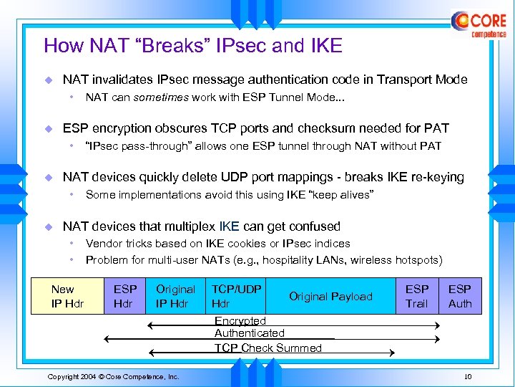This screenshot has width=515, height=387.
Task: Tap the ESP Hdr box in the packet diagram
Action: click(x=125, y=296)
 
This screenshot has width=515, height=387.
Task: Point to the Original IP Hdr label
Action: click(x=175, y=296)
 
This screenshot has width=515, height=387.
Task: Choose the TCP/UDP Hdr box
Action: click(x=236, y=296)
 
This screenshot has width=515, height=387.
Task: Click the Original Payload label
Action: click(x=330, y=296)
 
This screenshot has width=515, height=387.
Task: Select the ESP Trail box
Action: click(x=416, y=296)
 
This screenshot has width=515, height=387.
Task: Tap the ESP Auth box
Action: click(x=460, y=296)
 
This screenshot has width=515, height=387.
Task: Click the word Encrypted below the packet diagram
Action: click(x=240, y=321)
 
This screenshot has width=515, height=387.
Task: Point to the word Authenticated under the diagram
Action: click(x=250, y=333)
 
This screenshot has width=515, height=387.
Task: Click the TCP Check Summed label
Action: click(x=268, y=348)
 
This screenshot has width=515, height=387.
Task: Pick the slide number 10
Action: click(x=468, y=377)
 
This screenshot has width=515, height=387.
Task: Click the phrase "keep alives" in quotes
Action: click(x=340, y=195)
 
